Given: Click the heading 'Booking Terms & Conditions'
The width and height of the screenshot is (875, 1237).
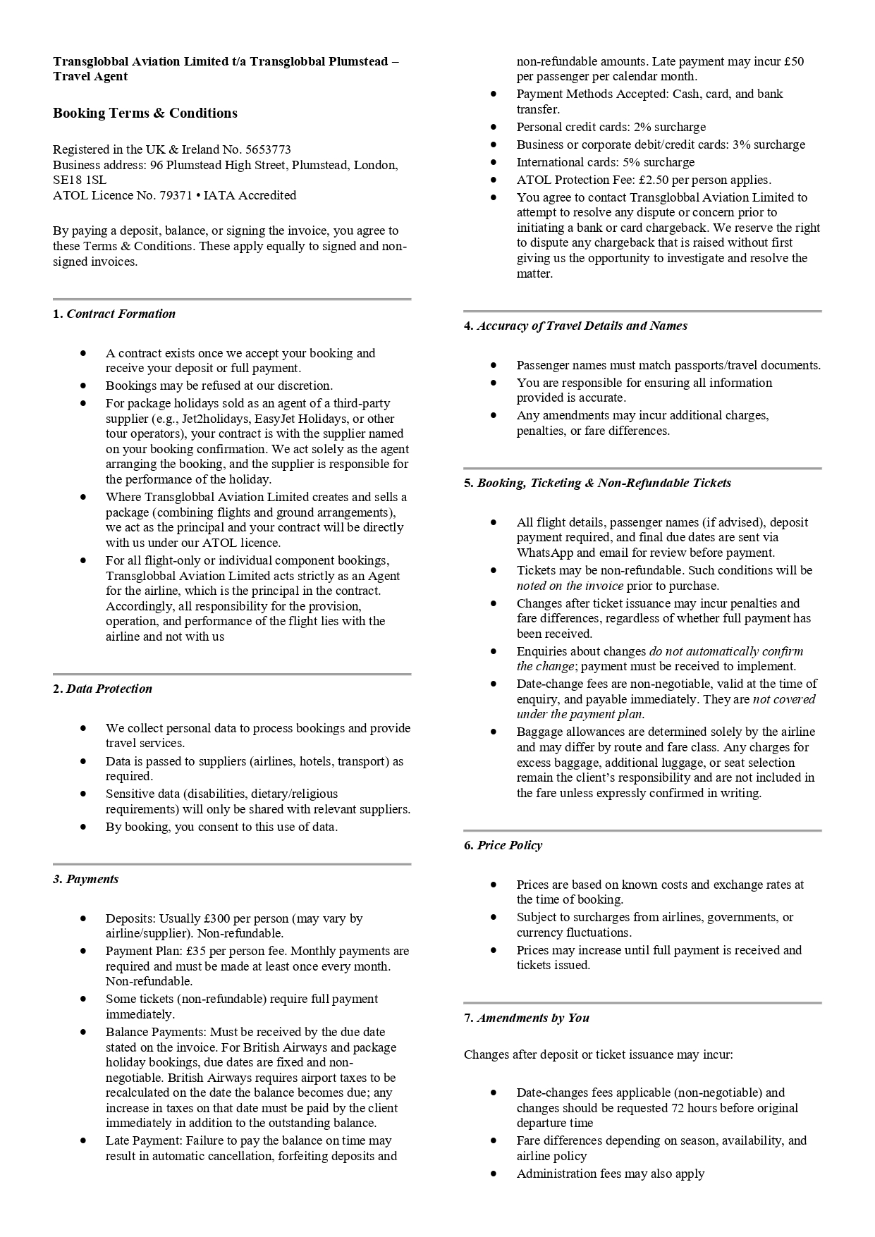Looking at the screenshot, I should [145, 113].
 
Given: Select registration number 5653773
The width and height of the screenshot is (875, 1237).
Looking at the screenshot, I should [268, 149].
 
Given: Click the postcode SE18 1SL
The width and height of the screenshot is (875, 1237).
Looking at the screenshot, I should [80, 180].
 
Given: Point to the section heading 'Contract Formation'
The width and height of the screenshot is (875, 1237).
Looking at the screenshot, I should [121, 314].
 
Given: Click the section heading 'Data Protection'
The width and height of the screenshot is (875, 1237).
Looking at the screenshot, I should [109, 689].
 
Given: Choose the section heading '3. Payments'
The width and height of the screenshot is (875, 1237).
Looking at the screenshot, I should [86, 880].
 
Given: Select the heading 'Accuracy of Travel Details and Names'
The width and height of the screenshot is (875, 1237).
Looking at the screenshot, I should [582, 326].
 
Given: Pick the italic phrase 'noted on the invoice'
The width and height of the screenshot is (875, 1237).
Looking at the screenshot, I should [570, 586].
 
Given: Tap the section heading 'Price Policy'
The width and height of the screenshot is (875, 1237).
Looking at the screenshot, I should [509, 846].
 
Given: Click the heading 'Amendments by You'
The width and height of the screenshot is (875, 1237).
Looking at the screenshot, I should [533, 1018].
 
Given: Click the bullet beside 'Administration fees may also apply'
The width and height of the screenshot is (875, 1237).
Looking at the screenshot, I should [494, 1174].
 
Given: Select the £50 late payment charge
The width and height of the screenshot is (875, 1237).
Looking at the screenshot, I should [793, 62].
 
